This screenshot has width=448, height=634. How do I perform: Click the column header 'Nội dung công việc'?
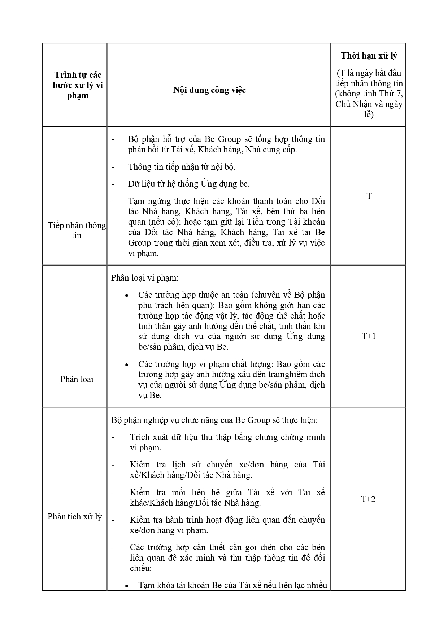(209, 90)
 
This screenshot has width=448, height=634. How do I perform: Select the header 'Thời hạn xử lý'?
(369, 56)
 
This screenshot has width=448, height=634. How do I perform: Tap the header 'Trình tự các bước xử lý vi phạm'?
(78, 85)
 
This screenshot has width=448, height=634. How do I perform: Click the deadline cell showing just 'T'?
(369, 196)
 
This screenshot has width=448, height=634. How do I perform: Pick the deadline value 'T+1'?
(369, 336)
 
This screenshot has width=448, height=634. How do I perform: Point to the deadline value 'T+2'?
(368, 499)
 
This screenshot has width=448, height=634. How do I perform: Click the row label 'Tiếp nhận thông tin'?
(77, 230)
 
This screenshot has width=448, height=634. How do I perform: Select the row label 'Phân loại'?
(77, 379)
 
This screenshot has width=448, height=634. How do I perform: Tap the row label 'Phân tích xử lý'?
(75, 517)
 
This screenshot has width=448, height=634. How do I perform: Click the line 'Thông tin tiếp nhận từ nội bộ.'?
(182, 167)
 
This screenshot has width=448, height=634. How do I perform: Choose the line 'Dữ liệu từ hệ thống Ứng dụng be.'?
(189, 184)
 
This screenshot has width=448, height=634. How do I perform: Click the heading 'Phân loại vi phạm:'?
(145, 278)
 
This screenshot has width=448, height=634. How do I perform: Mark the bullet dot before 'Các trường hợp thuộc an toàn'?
(127, 296)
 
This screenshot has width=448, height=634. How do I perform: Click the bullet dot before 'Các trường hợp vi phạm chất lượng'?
(127, 365)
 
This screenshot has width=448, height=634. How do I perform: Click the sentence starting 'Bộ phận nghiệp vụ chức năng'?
(214, 420)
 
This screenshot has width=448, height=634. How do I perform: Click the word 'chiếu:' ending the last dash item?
(141, 568)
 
